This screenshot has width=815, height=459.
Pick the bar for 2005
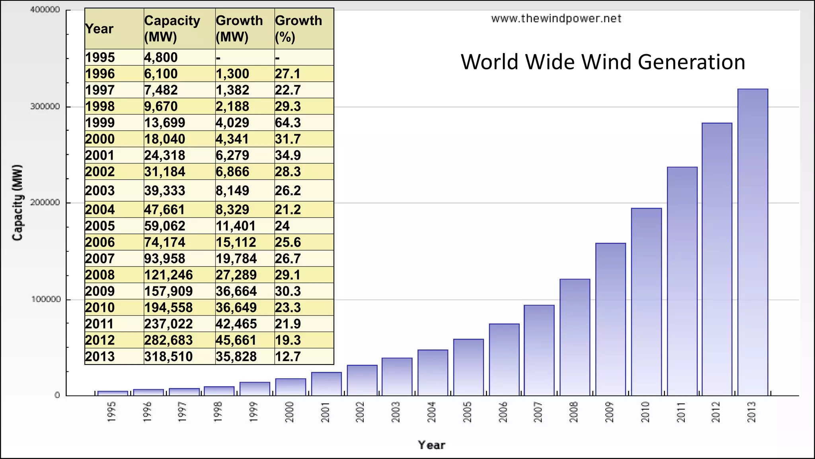pyautogui.click(x=468, y=367)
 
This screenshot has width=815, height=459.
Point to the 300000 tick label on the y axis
pyautogui.click(x=45, y=107)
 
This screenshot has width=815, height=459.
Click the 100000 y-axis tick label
pyautogui.click(x=45, y=299)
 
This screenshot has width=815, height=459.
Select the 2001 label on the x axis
pyautogui.click(x=325, y=412)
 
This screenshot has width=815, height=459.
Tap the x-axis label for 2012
pyautogui.click(x=716, y=412)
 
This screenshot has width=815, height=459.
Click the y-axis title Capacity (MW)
pyautogui.click(x=17, y=202)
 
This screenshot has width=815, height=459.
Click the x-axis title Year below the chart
pyautogui.click(x=431, y=445)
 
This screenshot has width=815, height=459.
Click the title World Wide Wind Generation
pyautogui.click(x=603, y=62)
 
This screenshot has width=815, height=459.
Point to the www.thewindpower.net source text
pyautogui.click(x=556, y=19)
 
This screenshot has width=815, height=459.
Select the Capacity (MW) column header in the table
pyautogui.click(x=172, y=29)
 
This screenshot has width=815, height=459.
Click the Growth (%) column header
pyautogui.click(x=298, y=29)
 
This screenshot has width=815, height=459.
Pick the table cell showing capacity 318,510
pyautogui.click(x=168, y=357)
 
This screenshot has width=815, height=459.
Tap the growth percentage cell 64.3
pyautogui.click(x=288, y=123)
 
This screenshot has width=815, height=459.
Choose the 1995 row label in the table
pyautogui.click(x=100, y=58)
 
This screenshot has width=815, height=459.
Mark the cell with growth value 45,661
pyautogui.click(x=236, y=340)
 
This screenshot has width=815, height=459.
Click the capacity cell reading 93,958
pyautogui.click(x=165, y=259)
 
